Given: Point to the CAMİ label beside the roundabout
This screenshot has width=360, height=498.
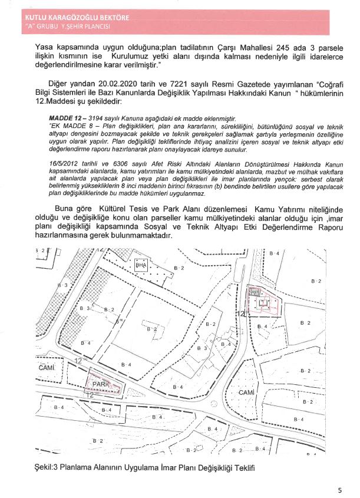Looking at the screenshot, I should tap(246, 393).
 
